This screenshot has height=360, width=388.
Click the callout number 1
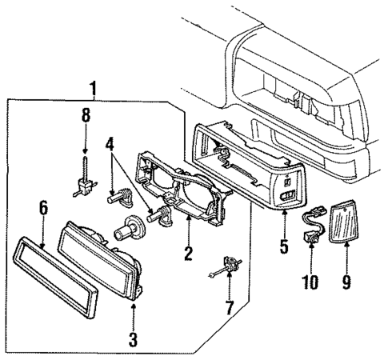(x=94, y=88)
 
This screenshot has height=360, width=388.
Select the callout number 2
(x=188, y=255)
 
